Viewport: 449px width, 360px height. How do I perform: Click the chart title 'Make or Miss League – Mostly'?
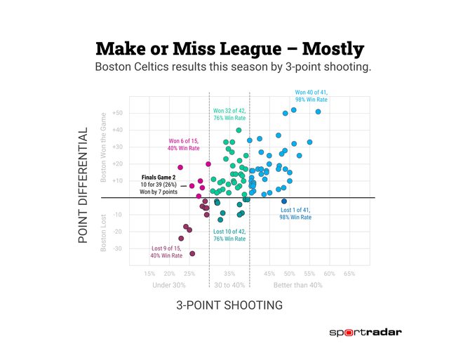pyautogui.click(x=229, y=49)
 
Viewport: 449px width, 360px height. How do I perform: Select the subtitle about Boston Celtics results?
pyautogui.click(x=232, y=68)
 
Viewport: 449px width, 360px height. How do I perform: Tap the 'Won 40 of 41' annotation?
pyautogui.click(x=311, y=96)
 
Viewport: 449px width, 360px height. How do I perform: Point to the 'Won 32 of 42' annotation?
pyautogui.click(x=229, y=115)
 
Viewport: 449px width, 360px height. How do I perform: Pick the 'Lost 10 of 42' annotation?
pyautogui.click(x=229, y=235)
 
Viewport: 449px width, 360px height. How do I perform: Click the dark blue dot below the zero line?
pyautogui.click(x=284, y=201)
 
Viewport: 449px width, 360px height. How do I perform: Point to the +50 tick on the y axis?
pyautogui.click(x=117, y=113)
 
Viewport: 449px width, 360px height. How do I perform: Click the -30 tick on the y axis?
pyautogui.click(x=118, y=248)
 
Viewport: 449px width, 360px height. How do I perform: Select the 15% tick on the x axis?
pyautogui.click(x=149, y=274)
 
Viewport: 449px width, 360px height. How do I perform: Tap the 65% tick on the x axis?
pyautogui.click(x=349, y=274)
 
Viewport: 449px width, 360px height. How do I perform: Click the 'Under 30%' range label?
pyautogui.click(x=169, y=285)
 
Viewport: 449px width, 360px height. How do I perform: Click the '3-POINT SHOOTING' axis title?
pyautogui.click(x=229, y=305)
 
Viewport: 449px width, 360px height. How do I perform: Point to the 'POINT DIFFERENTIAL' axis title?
pyautogui.click(x=83, y=185)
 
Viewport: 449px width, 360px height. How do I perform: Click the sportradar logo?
pyautogui.click(x=370, y=333)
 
